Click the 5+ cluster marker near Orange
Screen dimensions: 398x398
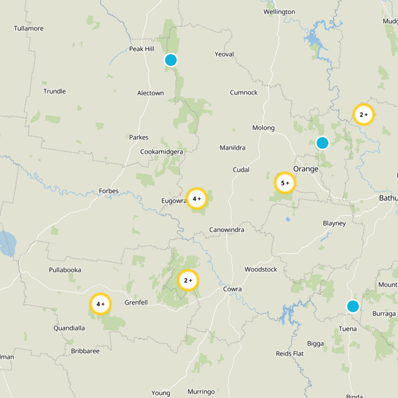pyautogui.click(x=285, y=183)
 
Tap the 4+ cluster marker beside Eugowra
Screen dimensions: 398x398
pyautogui.click(x=197, y=199)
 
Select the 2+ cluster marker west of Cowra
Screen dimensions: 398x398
pyautogui.click(x=188, y=280)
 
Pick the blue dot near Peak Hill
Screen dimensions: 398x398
pyautogui.click(x=171, y=60)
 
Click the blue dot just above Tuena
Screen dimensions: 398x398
pyautogui.click(x=353, y=306)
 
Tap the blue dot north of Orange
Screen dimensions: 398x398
pyautogui.click(x=322, y=143)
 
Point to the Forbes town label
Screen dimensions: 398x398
pyautogui.click(x=109, y=191)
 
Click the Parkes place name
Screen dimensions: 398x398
pyautogui.click(x=139, y=137)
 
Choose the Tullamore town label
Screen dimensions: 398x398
pyautogui.click(x=29, y=28)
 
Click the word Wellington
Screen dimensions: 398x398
pyautogui.click(x=279, y=12)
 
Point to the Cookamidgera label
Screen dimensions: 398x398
pyautogui.click(x=162, y=152)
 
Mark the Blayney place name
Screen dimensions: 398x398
pyautogui.click(x=334, y=223)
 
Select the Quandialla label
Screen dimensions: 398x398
pyautogui.click(x=69, y=328)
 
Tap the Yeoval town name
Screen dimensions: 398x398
pyautogui.click(x=224, y=54)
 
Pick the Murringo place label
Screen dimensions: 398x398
pyautogui.click(x=201, y=392)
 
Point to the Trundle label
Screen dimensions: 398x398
pyautogui.click(x=55, y=92)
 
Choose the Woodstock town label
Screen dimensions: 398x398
pyautogui.click(x=261, y=269)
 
